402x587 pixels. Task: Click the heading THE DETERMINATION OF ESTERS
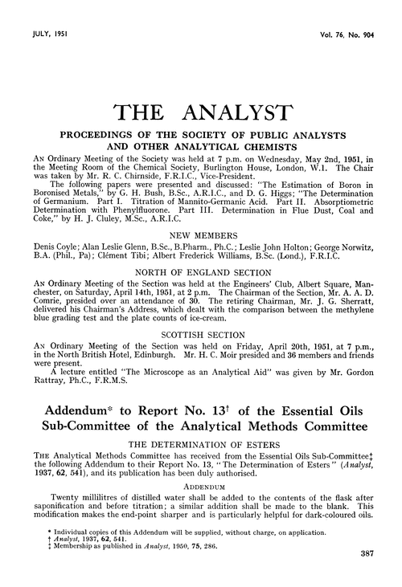[x=201, y=440]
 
